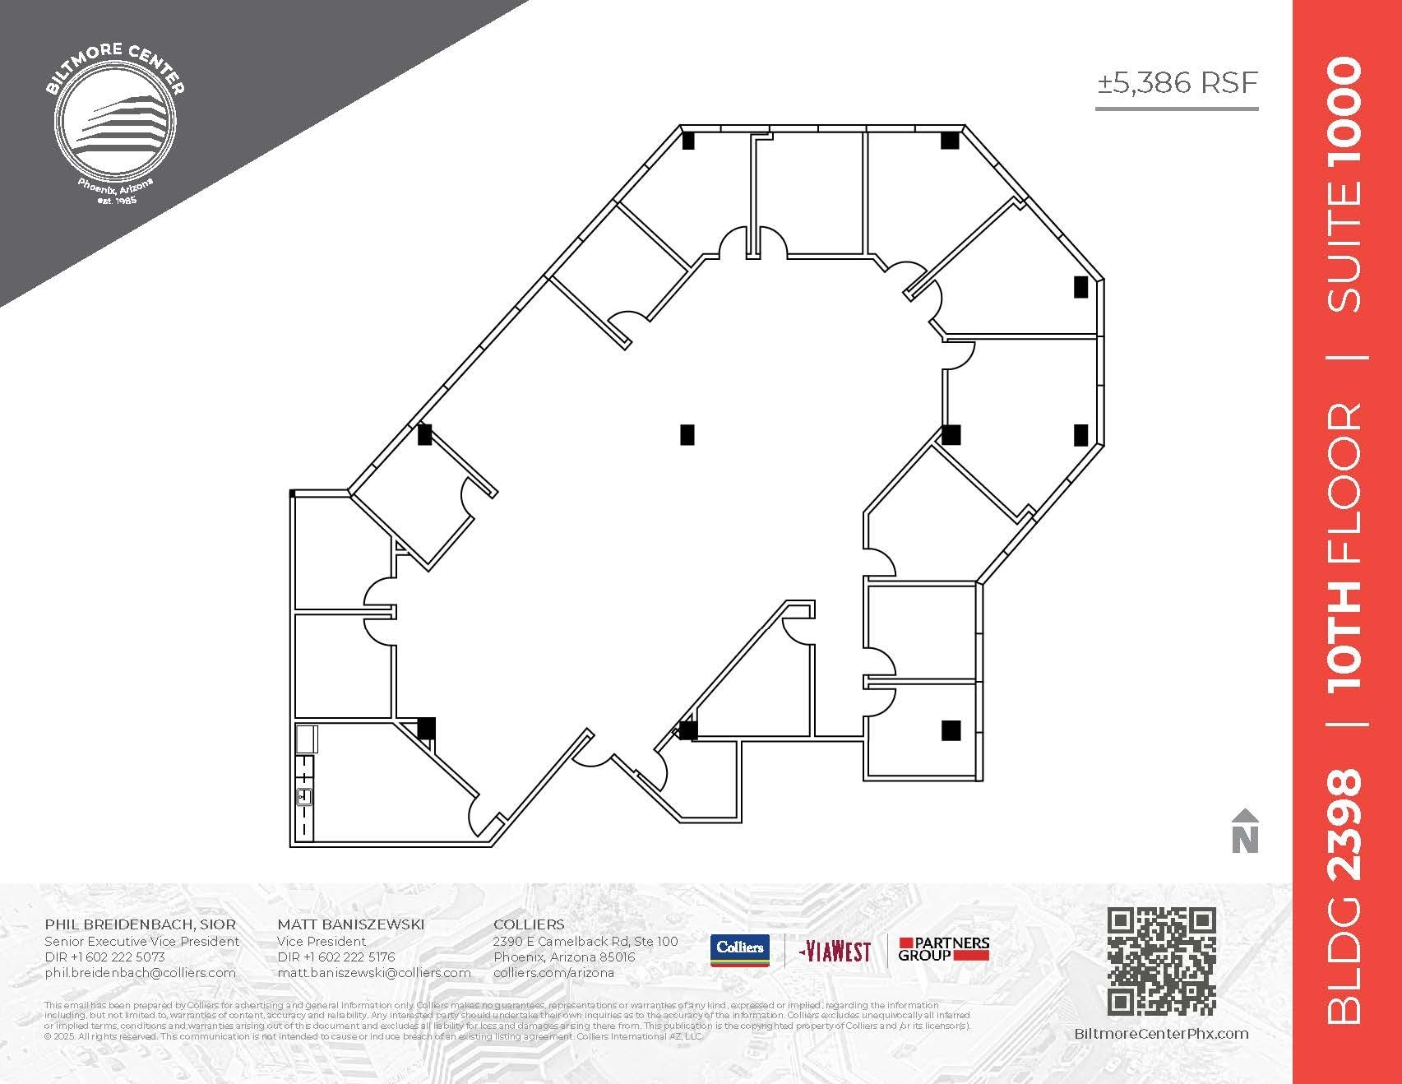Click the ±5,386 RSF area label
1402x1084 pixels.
[1177, 83]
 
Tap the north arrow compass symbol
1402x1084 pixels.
[1245, 832]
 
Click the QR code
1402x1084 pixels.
[1161, 961]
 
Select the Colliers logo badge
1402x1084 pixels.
[739, 950]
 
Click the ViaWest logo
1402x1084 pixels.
[835, 952]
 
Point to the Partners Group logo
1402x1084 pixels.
[943, 949]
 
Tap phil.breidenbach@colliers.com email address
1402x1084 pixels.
[140, 972]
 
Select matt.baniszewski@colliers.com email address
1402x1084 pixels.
[373, 972]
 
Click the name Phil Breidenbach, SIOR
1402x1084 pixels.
[140, 924]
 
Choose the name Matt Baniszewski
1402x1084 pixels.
[350, 924]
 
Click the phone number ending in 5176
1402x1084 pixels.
[335, 957]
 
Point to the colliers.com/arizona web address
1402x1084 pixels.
[553, 972]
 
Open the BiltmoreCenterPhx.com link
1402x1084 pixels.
[1161, 1034]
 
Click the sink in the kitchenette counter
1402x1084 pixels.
[304, 796]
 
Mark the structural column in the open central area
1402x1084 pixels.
[687, 434]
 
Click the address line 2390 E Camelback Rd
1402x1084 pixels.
[585, 941]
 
